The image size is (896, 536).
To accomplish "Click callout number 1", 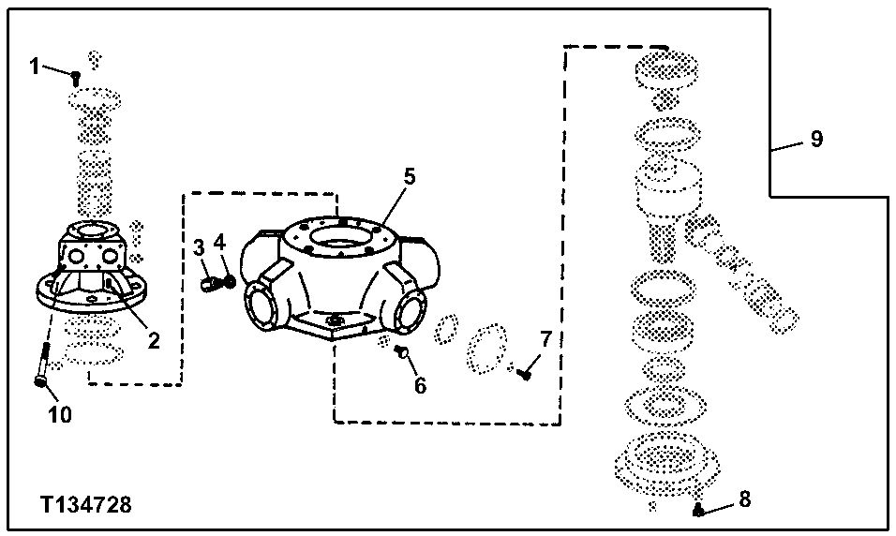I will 35,66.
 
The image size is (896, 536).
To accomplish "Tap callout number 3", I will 199,246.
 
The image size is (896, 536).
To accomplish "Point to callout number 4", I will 219,243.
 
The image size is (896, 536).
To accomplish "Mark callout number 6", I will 420,384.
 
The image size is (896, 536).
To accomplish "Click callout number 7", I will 545,338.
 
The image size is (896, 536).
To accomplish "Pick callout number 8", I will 744,499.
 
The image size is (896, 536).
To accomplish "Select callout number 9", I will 816,140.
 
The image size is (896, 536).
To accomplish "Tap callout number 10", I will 60,415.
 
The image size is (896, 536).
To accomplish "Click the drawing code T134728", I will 86,506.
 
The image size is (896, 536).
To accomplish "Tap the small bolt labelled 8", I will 699,510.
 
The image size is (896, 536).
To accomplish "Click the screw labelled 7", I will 524,374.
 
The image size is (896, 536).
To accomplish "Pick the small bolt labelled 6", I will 401,351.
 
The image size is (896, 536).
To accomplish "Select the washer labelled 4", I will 227,279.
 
